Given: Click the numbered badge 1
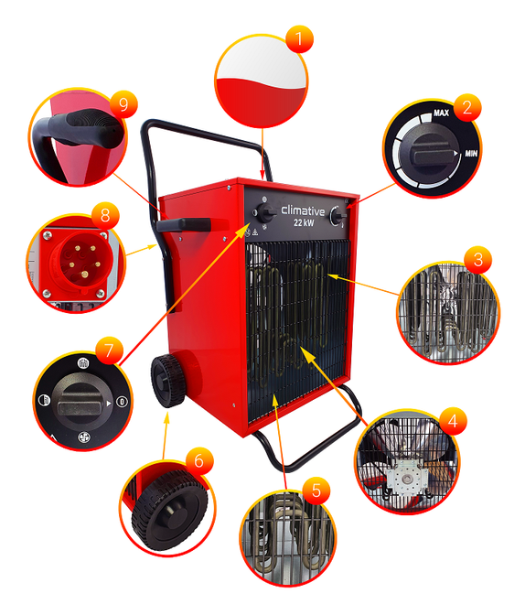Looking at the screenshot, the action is pyautogui.click(x=299, y=39).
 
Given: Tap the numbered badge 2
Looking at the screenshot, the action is pyautogui.click(x=467, y=107).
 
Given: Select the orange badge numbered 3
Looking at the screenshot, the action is pyautogui.click(x=478, y=260).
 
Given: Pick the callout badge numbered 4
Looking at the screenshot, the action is pyautogui.click(x=453, y=421).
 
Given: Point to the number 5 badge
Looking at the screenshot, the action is pyautogui.click(x=316, y=491).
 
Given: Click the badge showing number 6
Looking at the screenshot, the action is pyautogui.click(x=199, y=460).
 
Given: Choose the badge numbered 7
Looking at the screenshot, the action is pyautogui.click(x=110, y=351).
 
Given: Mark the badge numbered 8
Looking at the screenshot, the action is pyautogui.click(x=105, y=216).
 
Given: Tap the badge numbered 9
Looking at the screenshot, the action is pyautogui.click(x=123, y=104).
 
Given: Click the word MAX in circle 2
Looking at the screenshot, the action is pyautogui.click(x=441, y=113).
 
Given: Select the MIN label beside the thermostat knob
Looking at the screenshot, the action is pyautogui.click(x=471, y=154).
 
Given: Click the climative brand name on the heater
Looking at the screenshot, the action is pyautogui.click(x=303, y=210).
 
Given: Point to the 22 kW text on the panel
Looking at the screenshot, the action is pyautogui.click(x=304, y=222).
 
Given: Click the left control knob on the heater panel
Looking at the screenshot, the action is pyautogui.click(x=265, y=213).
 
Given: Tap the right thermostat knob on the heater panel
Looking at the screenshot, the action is pyautogui.click(x=338, y=217).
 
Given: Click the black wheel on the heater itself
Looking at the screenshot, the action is pyautogui.click(x=168, y=381).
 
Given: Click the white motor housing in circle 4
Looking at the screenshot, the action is pyautogui.click(x=407, y=479).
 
